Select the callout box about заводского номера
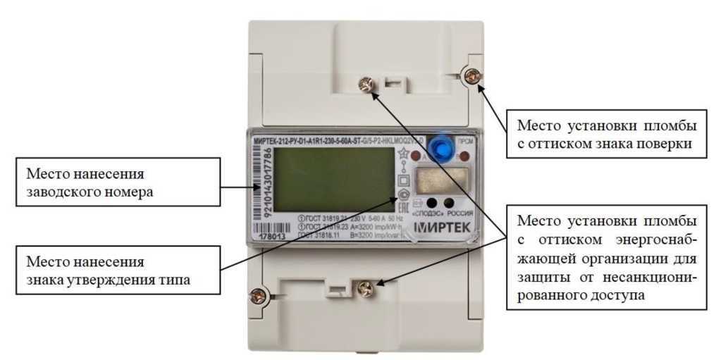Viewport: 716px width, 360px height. coord(117,182)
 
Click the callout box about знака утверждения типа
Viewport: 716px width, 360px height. coord(117,271)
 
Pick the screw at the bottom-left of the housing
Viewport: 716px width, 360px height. coord(259,294)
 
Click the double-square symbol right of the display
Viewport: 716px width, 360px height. coord(404,179)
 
